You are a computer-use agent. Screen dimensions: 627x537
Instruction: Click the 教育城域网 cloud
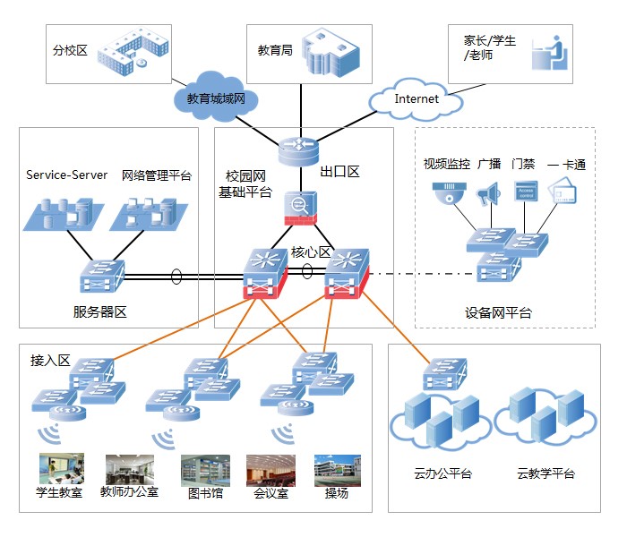pos(216,97)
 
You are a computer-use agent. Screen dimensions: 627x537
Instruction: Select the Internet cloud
pos(416,100)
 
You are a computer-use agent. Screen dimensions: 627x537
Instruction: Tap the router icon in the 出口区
pos(298,151)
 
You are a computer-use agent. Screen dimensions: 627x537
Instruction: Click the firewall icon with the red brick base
pos(300,209)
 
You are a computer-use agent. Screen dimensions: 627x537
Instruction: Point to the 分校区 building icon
pos(133,51)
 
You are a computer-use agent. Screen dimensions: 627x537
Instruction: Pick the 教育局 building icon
pos(331,52)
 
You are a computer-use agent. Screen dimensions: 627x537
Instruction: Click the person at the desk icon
pos(549,53)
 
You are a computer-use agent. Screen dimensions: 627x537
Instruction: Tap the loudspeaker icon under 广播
pos(488,194)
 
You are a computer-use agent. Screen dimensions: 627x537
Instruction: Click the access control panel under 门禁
pos(526,192)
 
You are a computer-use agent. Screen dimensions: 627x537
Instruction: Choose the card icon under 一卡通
pos(563,191)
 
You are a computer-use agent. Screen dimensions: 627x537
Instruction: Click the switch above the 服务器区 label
pos(102,276)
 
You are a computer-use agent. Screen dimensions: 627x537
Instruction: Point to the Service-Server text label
pos(67,175)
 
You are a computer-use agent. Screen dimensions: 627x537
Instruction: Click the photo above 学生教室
pos(62,469)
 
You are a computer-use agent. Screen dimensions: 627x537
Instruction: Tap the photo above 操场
pos(338,471)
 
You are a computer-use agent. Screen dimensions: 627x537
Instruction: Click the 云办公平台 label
pos(443,473)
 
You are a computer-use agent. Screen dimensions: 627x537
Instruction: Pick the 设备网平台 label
pos(498,313)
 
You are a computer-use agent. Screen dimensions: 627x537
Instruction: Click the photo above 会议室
pos(271,471)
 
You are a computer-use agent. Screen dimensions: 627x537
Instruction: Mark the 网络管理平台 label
pos(157,175)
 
